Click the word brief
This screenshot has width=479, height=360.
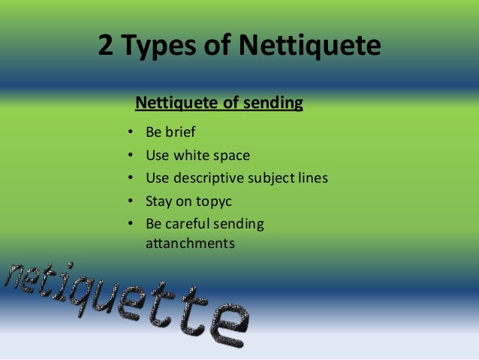[180, 134]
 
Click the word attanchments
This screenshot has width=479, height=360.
[189, 244]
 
